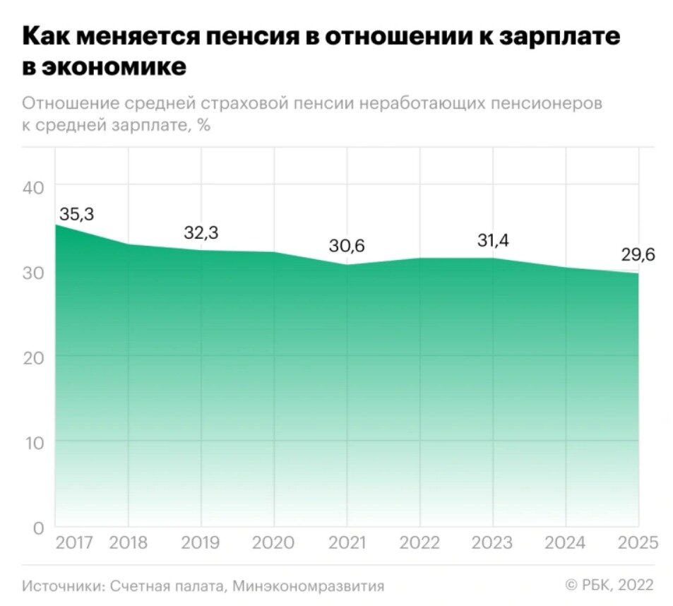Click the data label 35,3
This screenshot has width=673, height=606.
(x=76, y=215)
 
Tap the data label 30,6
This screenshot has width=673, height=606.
(x=347, y=246)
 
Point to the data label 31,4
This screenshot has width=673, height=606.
(x=492, y=241)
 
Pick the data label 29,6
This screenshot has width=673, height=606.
(x=638, y=255)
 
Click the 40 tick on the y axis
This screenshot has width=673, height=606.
(x=33, y=187)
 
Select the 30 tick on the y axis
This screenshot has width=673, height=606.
(x=33, y=273)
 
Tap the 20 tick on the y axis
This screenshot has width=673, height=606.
(x=33, y=357)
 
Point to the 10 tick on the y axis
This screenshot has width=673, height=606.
(x=34, y=443)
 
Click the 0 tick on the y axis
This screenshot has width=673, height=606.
(x=39, y=528)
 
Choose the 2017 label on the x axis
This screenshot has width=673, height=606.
(x=75, y=543)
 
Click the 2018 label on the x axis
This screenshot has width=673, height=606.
(x=129, y=543)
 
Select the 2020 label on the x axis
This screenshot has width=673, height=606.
(x=274, y=543)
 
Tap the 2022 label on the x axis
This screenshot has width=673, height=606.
(x=419, y=543)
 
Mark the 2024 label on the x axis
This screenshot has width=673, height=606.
(x=565, y=543)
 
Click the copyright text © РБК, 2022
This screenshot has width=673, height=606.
(x=609, y=585)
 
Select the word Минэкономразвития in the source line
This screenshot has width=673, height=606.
(x=308, y=586)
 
